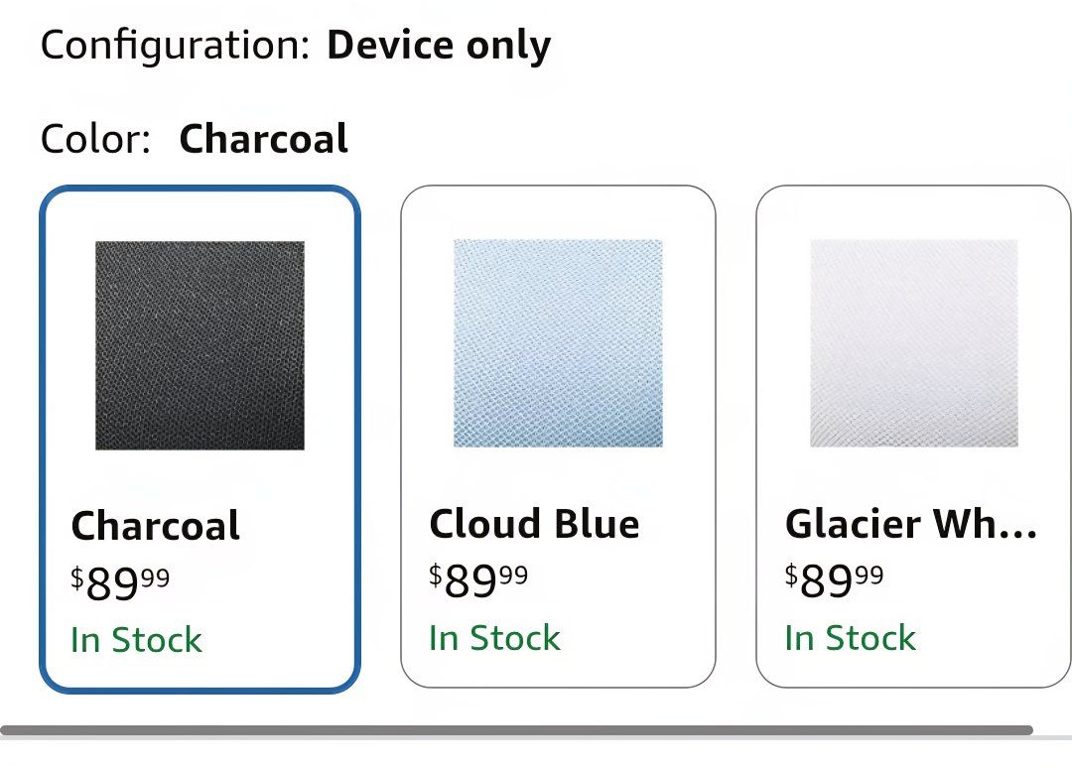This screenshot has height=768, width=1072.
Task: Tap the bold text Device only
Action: coord(439,45)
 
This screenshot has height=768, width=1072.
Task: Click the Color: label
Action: coord(95,139)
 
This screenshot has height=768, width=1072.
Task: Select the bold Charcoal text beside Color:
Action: coord(264,139)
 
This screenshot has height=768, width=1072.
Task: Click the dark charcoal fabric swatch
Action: coord(200,345)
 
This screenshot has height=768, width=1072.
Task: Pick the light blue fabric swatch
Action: coord(558,343)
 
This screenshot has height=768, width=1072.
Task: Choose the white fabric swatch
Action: coord(914,343)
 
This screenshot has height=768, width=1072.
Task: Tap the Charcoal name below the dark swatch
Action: coord(155,526)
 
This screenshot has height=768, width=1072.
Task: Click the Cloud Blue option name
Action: coord(534,523)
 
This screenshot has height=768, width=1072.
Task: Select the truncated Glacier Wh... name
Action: coord(910,523)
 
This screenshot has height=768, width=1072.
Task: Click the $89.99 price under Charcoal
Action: coord(120,582)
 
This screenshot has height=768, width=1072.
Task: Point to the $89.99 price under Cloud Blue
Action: coord(478,580)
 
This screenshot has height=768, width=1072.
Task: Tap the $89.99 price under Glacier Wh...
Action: coord(834,580)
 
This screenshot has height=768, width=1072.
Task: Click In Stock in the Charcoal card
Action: coord(136,640)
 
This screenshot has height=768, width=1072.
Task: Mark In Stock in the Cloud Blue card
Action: coord(494,638)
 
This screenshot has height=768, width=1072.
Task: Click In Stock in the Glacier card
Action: coord(850,638)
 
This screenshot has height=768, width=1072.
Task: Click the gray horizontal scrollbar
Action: coord(516,730)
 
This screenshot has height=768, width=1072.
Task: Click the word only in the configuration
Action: coord(508,47)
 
